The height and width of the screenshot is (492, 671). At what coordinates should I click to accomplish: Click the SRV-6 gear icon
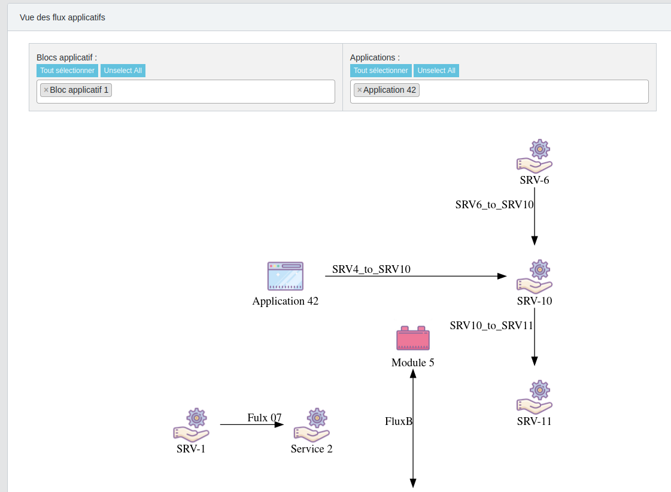pos(535,156)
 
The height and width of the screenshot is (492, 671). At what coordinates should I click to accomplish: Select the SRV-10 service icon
pos(535,277)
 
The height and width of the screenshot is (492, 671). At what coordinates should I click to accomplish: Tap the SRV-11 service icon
pos(535,397)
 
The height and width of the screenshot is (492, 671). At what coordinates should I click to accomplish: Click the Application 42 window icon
pos(286,277)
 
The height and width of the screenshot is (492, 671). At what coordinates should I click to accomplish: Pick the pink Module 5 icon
pos(413,338)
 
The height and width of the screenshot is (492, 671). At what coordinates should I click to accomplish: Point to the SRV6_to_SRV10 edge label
pos(494,205)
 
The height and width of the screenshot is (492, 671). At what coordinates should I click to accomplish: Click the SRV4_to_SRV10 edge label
pos(371,269)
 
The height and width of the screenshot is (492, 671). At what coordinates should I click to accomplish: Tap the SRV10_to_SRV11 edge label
pos(491,326)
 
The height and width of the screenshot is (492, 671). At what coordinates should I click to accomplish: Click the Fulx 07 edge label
pos(264,418)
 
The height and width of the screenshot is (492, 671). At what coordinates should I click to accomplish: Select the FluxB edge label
pos(399,421)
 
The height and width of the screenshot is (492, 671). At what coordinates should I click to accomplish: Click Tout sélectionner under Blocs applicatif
pos(67,71)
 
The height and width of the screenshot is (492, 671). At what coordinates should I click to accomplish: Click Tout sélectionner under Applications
pos(381,71)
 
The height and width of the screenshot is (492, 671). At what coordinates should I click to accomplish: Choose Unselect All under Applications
pos(436,71)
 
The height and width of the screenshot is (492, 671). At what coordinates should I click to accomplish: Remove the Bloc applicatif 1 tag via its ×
pos(46,90)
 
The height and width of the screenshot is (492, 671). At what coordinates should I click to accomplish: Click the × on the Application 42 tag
pos(359,90)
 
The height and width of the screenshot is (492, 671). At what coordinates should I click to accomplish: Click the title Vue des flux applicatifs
pos(62,17)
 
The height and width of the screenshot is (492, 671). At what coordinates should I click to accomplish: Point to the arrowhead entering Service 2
pos(280,424)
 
